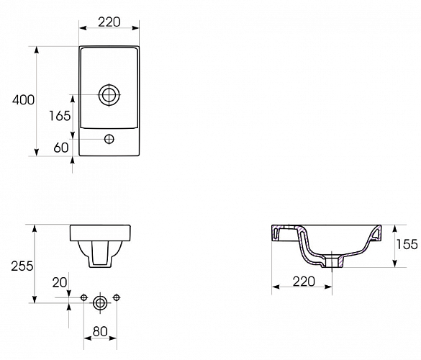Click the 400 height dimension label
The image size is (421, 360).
23,100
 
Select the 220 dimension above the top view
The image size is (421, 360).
109,22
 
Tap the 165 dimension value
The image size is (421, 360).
60,115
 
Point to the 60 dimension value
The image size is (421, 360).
60,148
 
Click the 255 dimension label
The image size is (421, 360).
21,266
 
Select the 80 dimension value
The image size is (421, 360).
100,333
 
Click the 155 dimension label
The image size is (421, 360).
407,245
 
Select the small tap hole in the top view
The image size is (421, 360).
109,139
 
